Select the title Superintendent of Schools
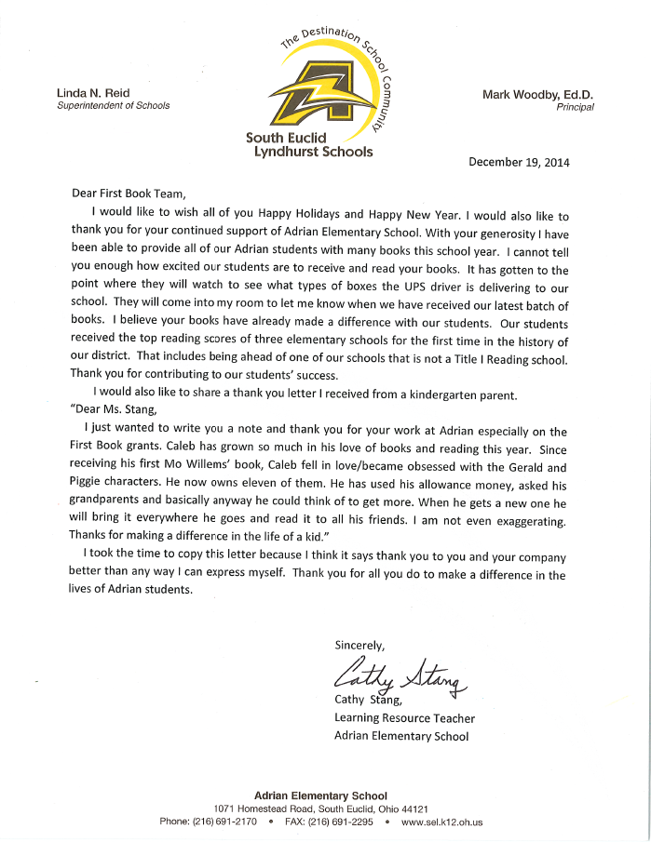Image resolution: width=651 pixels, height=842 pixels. pyautogui.click(x=114, y=106)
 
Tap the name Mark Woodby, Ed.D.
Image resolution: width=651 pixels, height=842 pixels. pyautogui.click(x=538, y=94)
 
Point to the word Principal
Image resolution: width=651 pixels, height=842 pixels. pyautogui.click(x=575, y=107)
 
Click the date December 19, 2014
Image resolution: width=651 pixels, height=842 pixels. pyautogui.click(x=518, y=161)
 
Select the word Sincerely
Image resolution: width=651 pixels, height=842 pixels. pyautogui.click(x=359, y=645)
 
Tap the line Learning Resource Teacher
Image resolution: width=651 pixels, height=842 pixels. pyautogui.click(x=404, y=718)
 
